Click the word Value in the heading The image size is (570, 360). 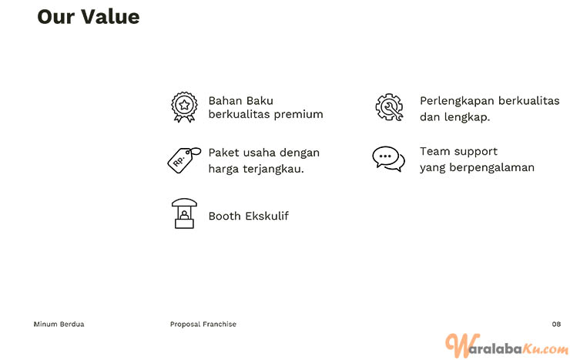pos(110,17)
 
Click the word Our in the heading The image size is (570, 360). pos(56,17)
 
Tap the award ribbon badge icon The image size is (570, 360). pos(184,107)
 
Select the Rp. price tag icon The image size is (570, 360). pos(184,160)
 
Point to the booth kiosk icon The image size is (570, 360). pos(184,214)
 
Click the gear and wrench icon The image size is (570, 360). pos(389,107)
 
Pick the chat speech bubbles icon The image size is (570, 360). pos(389,159)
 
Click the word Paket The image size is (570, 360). pos(224,153)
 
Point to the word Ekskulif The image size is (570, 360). pos(267,216)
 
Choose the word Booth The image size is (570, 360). pos(225,216)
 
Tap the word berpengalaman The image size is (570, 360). pos(492,167)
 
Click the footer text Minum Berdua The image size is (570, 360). pos(59,324)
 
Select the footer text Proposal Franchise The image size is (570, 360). pos(203,324)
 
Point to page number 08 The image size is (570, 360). pos(556,324)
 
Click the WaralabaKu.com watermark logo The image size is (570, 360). pos(507,345)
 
